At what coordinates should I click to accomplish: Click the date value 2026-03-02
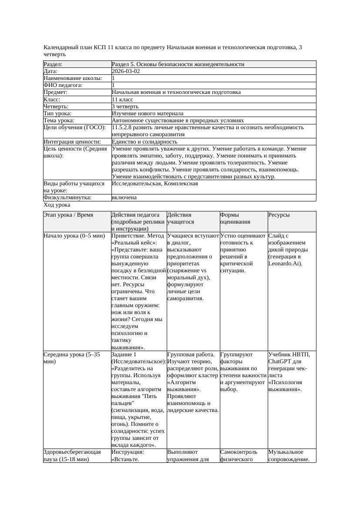(x=126, y=71)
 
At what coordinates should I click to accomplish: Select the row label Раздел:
(x=53, y=64)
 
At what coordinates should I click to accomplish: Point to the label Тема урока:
(x=59, y=120)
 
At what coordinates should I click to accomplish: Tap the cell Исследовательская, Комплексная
(x=155, y=184)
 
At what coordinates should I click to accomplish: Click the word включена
(x=124, y=198)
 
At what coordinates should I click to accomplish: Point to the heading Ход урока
(x=57, y=205)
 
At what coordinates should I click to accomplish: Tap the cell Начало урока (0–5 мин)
(x=74, y=236)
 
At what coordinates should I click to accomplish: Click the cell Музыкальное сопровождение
(x=289, y=455)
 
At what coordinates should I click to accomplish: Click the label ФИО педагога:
(x=63, y=85)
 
